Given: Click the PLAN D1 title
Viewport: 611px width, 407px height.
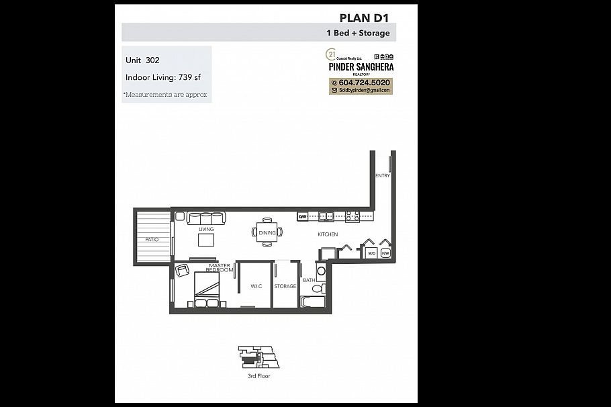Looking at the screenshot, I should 365,17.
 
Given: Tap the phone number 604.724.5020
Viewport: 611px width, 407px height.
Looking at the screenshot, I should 365,83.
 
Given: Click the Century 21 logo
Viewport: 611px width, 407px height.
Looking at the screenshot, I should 330,54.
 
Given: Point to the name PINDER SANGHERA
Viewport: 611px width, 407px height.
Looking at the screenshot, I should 361,66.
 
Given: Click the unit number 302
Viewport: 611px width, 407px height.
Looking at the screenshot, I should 152,60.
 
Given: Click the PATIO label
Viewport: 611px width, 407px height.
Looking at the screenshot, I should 152,239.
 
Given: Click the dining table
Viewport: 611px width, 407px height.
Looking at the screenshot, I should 267,232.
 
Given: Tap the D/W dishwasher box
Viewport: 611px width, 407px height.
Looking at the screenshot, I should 303,216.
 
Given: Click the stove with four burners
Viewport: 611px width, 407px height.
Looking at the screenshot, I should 352,216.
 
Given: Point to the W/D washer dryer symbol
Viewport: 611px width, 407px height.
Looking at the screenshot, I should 371,253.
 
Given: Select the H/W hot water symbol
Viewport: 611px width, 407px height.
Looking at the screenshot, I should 385,253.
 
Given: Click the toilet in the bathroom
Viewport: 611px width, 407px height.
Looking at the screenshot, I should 319,288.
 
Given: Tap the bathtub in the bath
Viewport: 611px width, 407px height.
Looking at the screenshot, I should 314,302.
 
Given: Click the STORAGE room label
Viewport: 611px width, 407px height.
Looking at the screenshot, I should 285,286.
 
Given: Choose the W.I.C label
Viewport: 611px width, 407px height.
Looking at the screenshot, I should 256,286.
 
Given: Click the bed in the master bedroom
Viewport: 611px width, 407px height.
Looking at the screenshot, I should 207,290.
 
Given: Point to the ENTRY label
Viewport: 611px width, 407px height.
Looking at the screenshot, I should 383,176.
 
